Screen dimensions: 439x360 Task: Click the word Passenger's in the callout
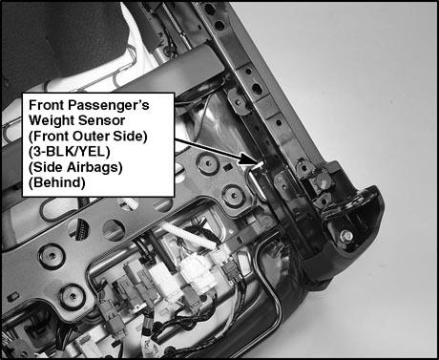click(x=109, y=105)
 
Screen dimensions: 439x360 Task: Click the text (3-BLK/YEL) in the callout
click(x=70, y=152)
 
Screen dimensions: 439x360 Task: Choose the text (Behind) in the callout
click(x=57, y=182)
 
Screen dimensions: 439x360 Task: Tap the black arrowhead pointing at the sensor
click(x=247, y=159)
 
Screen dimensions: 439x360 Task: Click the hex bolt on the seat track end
click(x=346, y=236)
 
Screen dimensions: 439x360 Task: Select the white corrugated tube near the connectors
click(x=188, y=237)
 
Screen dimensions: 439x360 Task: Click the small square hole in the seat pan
click(x=227, y=167)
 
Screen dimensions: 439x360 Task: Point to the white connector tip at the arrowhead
click(x=259, y=165)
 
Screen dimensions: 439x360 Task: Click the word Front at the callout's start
click(x=47, y=105)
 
